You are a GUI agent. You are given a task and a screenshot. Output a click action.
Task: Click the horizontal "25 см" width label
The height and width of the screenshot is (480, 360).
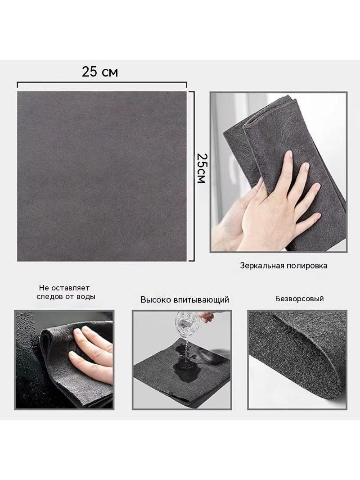coord(100,72)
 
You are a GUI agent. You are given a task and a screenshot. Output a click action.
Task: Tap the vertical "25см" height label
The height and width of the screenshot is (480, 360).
coord(201,168)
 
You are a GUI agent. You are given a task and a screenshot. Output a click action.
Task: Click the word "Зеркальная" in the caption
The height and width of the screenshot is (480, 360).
coord(262,265)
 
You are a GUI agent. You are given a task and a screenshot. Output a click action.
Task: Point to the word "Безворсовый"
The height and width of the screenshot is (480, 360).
coord(299,299)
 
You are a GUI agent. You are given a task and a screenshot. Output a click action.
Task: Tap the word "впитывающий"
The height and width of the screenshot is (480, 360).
coord(201,300)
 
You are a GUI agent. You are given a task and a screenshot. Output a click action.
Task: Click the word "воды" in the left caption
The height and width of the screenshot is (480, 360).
coord(86,297)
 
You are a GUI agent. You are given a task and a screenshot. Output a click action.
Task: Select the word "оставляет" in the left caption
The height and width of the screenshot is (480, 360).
coord(70,288)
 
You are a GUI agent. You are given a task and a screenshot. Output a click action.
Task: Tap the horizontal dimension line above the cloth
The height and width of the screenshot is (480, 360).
coord(102,83)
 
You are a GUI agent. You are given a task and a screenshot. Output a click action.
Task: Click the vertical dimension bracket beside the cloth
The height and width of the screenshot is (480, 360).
coord(192,177)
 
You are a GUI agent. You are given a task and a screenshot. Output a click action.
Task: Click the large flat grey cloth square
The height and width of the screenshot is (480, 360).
coord(102,177)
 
